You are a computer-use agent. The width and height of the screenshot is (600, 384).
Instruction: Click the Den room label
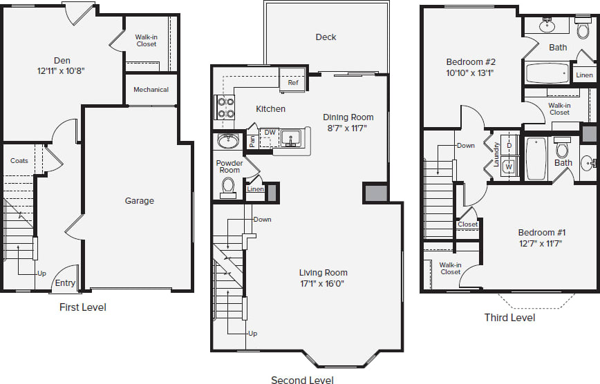[62, 61]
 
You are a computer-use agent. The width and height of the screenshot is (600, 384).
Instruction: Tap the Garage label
[139, 201]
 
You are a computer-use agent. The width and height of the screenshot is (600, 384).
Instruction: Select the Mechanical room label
[151, 90]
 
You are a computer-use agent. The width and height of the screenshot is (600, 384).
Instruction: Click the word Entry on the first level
[65, 283]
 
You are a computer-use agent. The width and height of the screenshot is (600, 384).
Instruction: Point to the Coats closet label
[19, 161]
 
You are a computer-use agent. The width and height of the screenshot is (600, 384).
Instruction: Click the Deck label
[326, 37]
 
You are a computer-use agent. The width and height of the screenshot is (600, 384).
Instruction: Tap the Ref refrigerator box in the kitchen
[293, 83]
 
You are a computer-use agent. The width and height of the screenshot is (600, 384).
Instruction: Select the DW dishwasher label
[270, 132]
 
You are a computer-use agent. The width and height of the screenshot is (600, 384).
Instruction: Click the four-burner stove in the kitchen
[225, 107]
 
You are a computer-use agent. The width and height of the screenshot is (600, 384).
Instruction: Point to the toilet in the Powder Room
[227, 186]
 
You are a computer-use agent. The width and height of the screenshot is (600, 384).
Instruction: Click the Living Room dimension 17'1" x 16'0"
[323, 283]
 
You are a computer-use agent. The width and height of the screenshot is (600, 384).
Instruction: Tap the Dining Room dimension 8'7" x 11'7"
[348, 128]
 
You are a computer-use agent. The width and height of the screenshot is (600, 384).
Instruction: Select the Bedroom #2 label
[471, 61]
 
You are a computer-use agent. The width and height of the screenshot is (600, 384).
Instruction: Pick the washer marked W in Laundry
[509, 166]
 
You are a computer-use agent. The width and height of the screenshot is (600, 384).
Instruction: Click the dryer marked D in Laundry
[509, 146]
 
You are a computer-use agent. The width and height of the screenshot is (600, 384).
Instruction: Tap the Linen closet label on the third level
[584, 75]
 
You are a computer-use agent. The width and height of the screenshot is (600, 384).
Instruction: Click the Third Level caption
[509, 318]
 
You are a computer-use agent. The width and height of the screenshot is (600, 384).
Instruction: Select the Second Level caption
[302, 380]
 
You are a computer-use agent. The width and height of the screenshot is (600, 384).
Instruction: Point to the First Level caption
[83, 307]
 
